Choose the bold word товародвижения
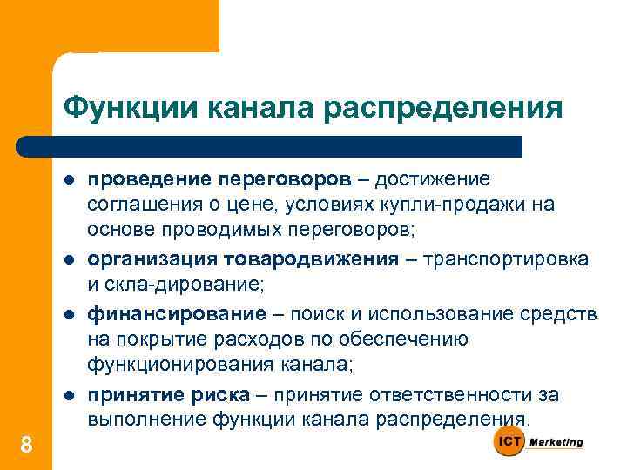click(300, 259)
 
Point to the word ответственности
click(433, 394)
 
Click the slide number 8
click(26, 446)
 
